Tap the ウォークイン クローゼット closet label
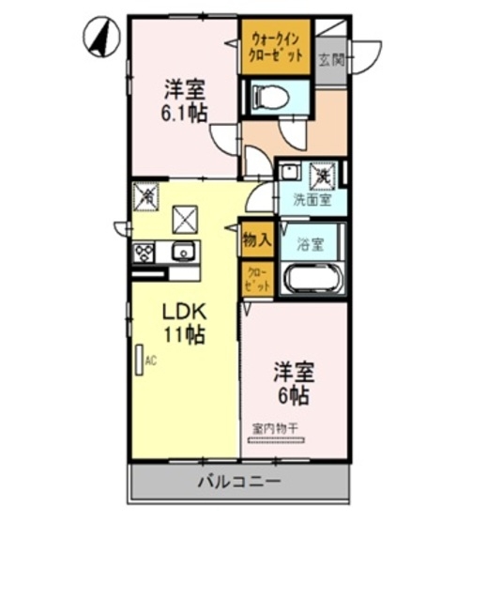(276, 47)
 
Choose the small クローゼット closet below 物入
(256, 278)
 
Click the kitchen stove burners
(145, 252)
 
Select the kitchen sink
(181, 251)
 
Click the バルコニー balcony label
(238, 483)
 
